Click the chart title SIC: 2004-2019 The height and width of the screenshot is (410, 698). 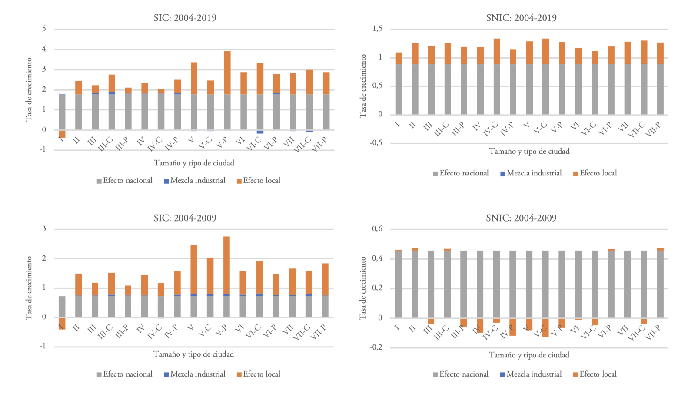(185, 18)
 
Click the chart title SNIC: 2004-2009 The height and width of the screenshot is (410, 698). (521, 218)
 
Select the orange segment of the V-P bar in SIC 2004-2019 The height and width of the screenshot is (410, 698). (227, 73)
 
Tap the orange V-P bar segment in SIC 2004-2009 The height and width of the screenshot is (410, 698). (226, 265)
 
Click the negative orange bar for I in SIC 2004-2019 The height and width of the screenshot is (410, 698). (62, 134)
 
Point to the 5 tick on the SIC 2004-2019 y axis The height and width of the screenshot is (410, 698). (44, 29)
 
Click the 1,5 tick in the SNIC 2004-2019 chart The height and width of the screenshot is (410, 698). (377, 29)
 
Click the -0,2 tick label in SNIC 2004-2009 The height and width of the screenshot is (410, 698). (376, 347)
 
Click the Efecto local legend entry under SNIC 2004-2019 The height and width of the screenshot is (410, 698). (595, 173)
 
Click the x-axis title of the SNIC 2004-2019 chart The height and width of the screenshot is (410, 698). (529, 152)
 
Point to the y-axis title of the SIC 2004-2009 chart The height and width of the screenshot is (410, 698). (29, 288)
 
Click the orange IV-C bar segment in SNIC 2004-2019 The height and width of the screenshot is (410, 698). (496, 51)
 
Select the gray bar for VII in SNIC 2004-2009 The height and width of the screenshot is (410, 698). (627, 284)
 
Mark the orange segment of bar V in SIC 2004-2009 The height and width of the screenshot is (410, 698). (194, 270)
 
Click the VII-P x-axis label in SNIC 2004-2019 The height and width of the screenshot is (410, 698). (653, 129)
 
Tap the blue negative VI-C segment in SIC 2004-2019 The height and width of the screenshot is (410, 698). (260, 132)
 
